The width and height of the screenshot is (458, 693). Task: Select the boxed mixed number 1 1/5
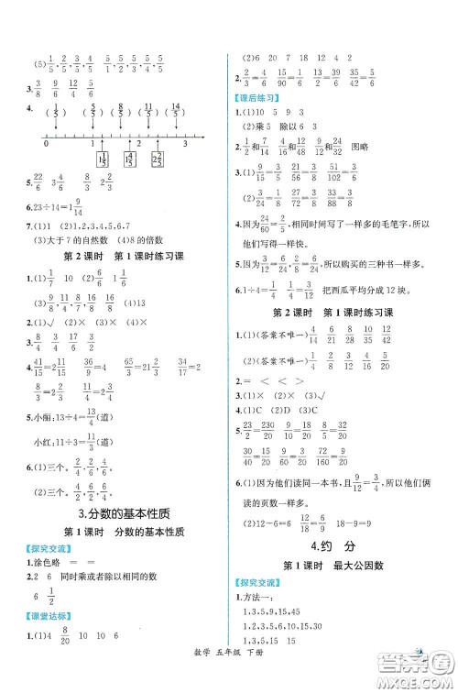[x=103, y=159]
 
